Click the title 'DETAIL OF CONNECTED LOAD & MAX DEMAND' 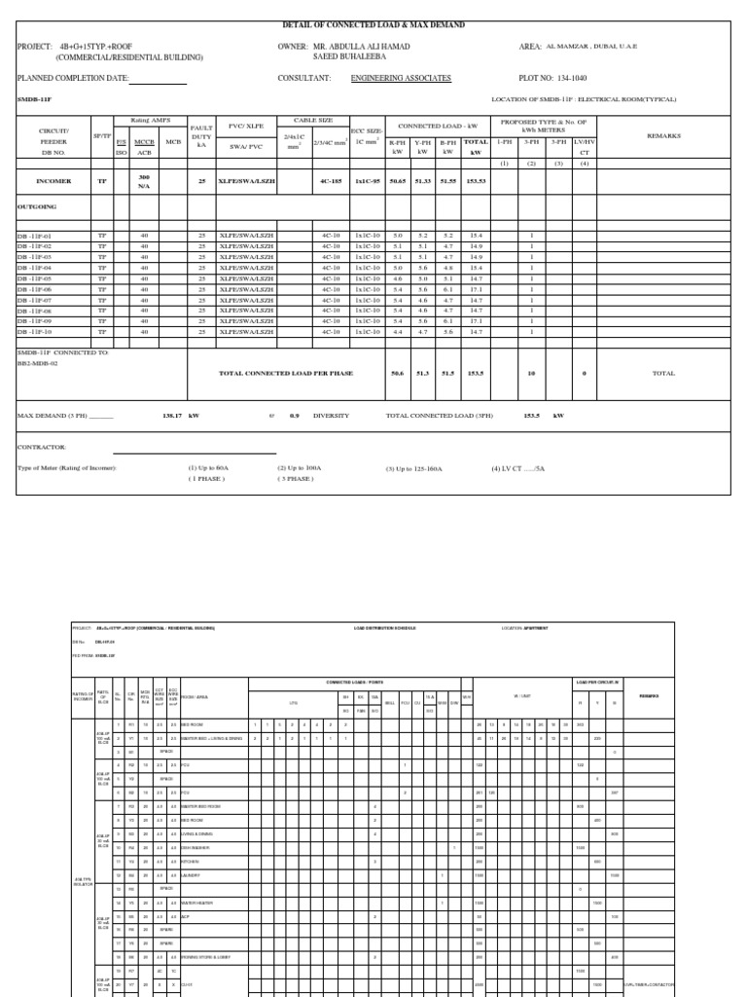(373, 25)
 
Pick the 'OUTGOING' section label (38, 206)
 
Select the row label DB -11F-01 (40, 237)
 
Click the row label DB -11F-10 (40, 332)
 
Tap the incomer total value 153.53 (476, 181)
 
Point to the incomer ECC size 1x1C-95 (368, 181)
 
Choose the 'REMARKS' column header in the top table (664, 136)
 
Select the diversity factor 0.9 (294, 415)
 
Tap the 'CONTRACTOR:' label (42, 447)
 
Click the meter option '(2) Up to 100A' (300, 468)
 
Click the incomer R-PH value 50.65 (397, 181)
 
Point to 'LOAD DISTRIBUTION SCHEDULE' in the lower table (384, 628)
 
